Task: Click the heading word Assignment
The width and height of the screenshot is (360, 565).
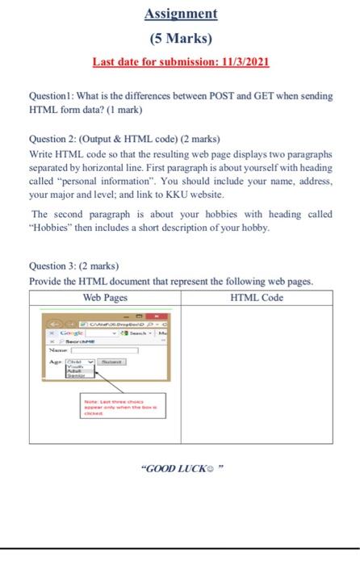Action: click(x=181, y=14)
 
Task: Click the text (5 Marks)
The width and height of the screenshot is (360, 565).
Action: click(x=181, y=38)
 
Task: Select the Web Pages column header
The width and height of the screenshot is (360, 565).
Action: click(x=106, y=298)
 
